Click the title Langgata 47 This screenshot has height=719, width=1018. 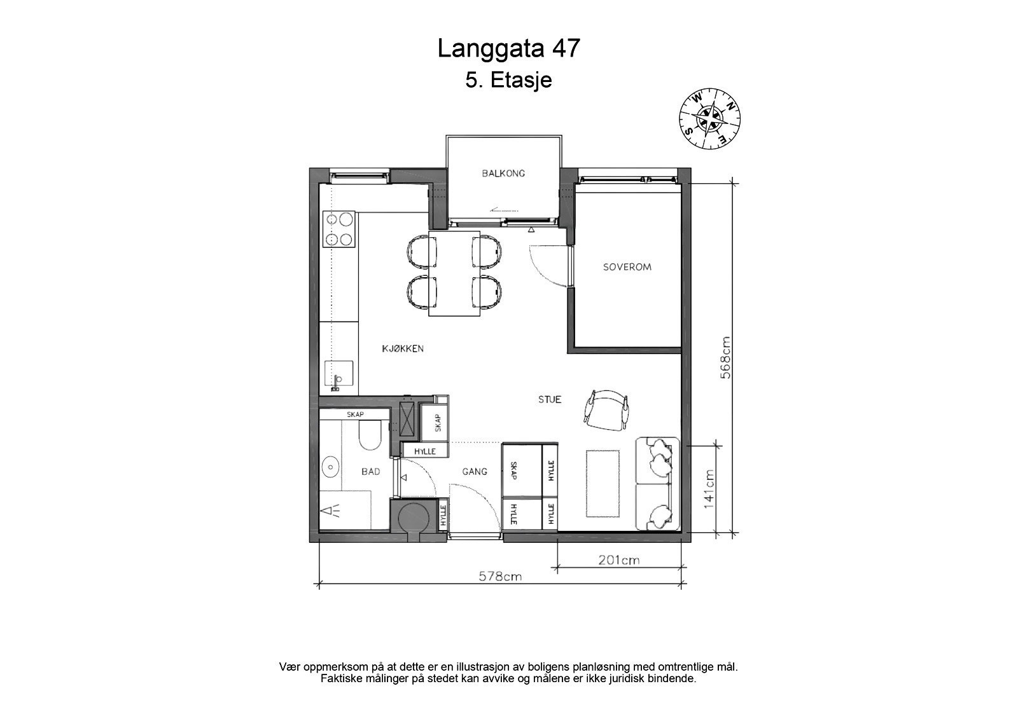click(x=508, y=49)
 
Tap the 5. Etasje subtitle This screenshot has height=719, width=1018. click(x=508, y=81)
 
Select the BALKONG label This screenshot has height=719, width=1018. click(x=503, y=173)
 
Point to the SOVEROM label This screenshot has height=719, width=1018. click(x=627, y=267)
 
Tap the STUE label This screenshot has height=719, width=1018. click(x=550, y=400)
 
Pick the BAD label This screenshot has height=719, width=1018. click(x=370, y=472)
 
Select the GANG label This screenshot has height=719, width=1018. click(x=475, y=472)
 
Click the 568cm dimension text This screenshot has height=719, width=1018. click(x=725, y=357)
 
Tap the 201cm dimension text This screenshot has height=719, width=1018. click(x=618, y=561)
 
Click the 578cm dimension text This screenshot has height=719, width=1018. click(x=499, y=577)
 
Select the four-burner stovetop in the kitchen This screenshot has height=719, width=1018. click(x=338, y=229)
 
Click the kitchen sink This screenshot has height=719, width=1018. click(x=338, y=375)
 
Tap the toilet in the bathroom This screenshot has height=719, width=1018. click(x=368, y=437)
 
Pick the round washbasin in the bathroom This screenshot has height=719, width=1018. click(x=331, y=467)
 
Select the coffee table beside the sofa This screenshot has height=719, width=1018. click(x=603, y=484)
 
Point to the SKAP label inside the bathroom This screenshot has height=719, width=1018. click(x=354, y=414)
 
